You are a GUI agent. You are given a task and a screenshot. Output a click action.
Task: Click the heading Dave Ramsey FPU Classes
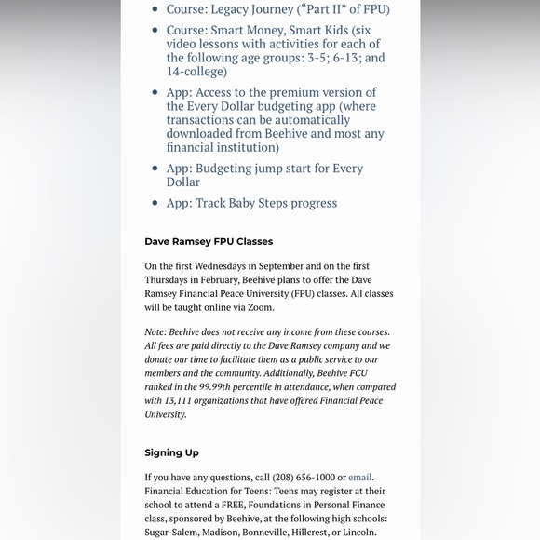(x=209, y=242)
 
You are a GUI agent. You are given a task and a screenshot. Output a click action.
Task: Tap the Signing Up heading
(x=171, y=453)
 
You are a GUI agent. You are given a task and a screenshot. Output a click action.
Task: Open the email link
(x=360, y=478)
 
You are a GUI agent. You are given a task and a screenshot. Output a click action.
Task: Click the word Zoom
(x=262, y=307)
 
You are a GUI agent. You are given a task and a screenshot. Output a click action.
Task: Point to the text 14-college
(x=196, y=72)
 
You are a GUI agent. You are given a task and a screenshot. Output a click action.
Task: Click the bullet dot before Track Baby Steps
(x=155, y=203)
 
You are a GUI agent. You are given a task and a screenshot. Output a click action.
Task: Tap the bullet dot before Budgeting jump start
(x=155, y=169)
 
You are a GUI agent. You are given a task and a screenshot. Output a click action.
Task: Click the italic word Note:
(x=155, y=332)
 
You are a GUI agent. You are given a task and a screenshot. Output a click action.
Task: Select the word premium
(x=280, y=92)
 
